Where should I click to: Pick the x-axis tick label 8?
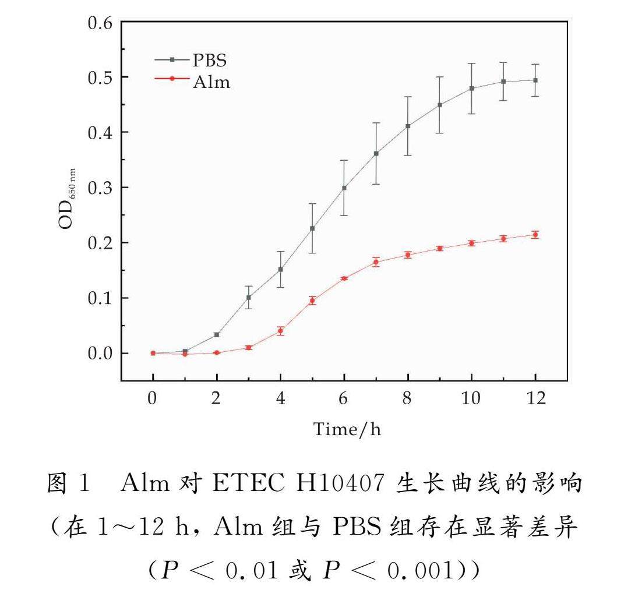point(407,399)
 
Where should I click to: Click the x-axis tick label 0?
point(153,399)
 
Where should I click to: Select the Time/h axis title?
point(347,430)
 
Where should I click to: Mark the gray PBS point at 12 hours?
point(535,80)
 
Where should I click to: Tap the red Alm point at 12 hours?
point(535,235)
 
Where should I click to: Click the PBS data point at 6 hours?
point(344,188)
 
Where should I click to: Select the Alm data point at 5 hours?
point(312,301)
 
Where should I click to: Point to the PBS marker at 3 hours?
point(249,298)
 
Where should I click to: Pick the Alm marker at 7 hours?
point(376,262)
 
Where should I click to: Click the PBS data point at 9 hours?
point(439,105)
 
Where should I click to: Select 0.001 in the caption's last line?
point(418,573)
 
